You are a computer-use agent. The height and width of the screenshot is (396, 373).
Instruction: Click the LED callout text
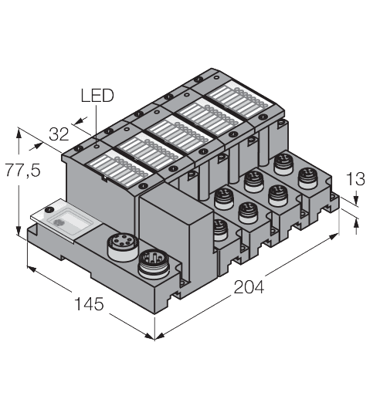point(97,96)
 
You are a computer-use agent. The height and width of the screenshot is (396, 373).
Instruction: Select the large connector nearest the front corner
point(151,263)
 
